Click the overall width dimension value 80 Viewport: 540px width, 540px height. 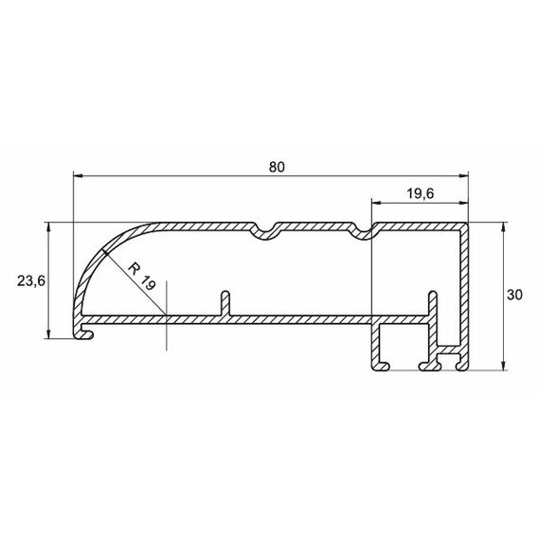277,167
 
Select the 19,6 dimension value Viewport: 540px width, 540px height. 421,194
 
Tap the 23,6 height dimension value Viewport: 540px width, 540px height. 31,281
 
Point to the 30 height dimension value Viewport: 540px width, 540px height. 514,295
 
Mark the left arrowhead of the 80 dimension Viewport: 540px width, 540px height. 79,176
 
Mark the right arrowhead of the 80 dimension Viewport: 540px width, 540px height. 463,176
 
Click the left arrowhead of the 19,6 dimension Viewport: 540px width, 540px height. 376,203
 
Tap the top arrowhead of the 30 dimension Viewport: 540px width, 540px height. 503,227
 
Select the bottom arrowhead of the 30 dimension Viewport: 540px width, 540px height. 503,366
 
